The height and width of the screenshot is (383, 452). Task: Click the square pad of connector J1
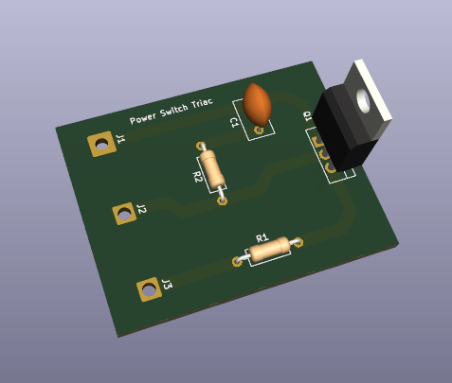pos(99,145)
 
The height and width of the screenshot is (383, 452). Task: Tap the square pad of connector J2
pos(123,215)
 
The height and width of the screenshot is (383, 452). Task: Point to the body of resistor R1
pos(269,250)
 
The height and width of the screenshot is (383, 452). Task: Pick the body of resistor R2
pos(215,170)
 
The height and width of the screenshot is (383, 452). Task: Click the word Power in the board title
pos(143,118)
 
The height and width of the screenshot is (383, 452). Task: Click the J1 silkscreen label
pos(120,139)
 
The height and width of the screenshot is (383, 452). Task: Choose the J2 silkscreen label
pos(141,208)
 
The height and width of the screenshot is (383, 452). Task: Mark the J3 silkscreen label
pos(167,283)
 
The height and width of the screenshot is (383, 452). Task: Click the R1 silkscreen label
pos(262,236)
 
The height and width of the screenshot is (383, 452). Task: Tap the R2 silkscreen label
pos(198,177)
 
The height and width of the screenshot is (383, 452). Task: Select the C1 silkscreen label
pos(234,123)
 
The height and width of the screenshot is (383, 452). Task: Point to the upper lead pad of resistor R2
pos(200,147)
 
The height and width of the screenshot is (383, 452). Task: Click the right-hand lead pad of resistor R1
pos(299,243)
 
